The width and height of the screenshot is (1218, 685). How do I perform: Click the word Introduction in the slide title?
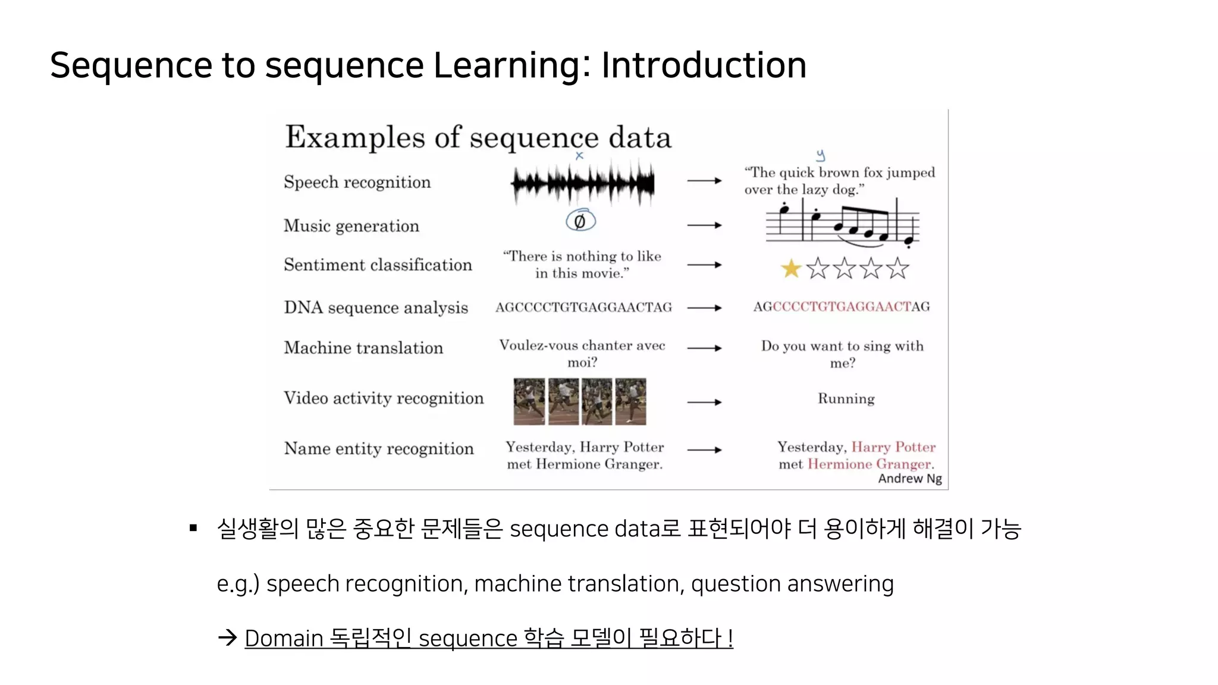[704, 65]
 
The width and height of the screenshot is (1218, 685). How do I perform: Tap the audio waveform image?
[583, 183]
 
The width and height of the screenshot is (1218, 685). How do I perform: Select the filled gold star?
[791, 269]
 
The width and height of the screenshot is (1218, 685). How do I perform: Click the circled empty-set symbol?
[580, 221]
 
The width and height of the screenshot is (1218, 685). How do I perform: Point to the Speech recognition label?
[357, 182]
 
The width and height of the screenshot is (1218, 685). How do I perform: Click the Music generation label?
[351, 226]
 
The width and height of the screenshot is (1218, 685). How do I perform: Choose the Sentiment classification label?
[378, 265]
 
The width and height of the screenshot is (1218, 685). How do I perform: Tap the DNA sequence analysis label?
[376, 307]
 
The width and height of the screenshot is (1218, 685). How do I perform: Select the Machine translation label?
[363, 348]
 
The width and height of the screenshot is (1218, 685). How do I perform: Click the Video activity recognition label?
[384, 398]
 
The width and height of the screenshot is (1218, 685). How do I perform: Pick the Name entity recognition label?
[379, 448]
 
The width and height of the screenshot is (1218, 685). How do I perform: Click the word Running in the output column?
[846, 398]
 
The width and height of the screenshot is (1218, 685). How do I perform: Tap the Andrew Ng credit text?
[909, 479]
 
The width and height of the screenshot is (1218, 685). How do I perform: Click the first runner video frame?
[529, 401]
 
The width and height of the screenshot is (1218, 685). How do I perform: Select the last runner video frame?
[630, 401]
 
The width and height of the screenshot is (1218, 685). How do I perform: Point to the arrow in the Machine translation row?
[704, 348]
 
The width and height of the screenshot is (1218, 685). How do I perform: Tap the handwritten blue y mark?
[821, 156]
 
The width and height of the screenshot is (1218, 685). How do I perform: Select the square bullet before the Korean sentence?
[193, 528]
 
